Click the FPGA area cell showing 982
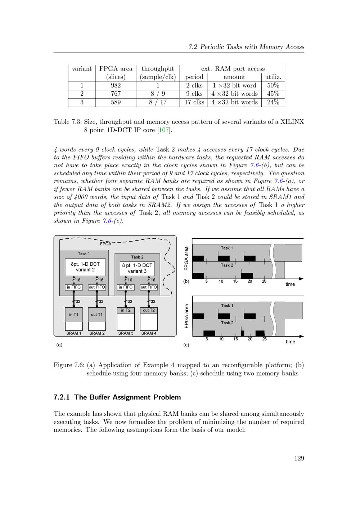[116, 85]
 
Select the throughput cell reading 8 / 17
[158, 102]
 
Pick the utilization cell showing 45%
[273, 94]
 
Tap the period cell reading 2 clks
[194, 85]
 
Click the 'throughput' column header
[158, 69]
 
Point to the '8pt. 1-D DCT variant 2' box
[85, 267]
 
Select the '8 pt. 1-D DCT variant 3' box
[137, 268]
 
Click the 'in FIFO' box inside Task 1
[74, 287]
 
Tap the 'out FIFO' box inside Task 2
[149, 287]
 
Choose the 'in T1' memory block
[74, 315]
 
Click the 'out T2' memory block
[149, 310]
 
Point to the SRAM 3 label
[126, 333]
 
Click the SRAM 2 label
[97, 333]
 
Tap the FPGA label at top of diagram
[105, 244]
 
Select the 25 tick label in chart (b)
[264, 281]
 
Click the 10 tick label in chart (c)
[221, 339]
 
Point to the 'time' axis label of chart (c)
[290, 342]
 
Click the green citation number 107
[164, 130]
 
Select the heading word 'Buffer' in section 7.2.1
[100, 397]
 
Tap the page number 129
[299, 458]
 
